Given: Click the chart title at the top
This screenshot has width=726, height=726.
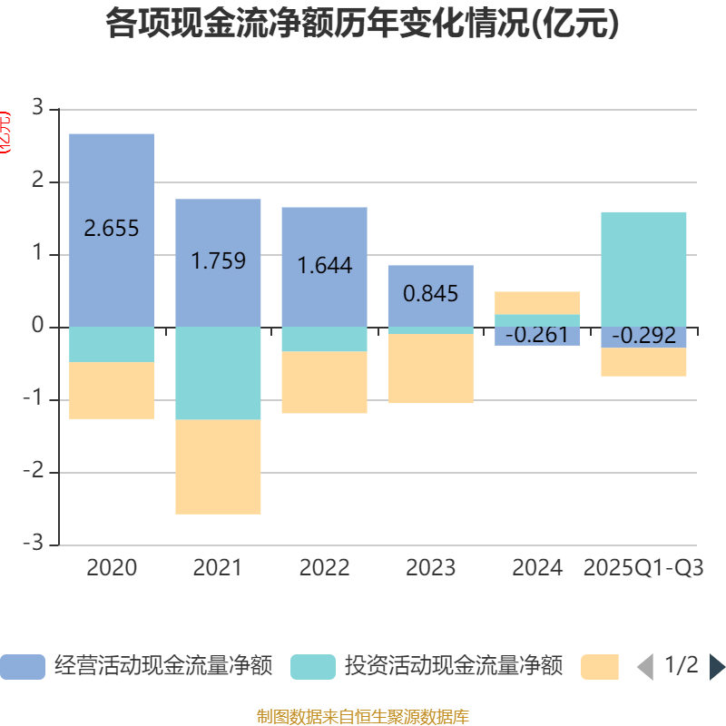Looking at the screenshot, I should [362, 25].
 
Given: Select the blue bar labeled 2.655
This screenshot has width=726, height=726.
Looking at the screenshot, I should [112, 181].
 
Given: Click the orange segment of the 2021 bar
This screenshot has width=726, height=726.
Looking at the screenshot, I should [218, 466].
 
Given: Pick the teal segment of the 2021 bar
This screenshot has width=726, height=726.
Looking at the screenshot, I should [218, 373].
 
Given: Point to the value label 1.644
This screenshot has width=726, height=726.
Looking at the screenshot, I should [324, 267].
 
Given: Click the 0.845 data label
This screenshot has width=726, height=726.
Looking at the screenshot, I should [431, 294].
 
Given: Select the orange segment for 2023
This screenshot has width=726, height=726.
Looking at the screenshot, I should [431, 368].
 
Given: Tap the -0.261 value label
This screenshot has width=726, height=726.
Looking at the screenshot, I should [537, 336].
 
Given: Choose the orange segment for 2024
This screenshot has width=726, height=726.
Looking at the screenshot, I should [537, 302].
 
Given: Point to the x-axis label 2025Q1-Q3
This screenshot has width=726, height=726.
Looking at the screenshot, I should [643, 568].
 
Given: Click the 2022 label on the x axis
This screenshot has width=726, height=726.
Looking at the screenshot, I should [324, 568].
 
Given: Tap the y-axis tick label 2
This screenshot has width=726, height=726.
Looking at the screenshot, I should [37, 181].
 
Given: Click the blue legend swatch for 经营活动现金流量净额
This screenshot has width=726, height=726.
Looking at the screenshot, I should [22, 667].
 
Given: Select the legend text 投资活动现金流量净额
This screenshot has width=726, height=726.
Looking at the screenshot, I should [454, 667].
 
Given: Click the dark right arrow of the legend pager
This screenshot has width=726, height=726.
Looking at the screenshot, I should [716, 667].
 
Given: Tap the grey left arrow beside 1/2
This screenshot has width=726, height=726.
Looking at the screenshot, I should [645, 667].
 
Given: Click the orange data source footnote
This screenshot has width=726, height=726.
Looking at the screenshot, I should [362, 717].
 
